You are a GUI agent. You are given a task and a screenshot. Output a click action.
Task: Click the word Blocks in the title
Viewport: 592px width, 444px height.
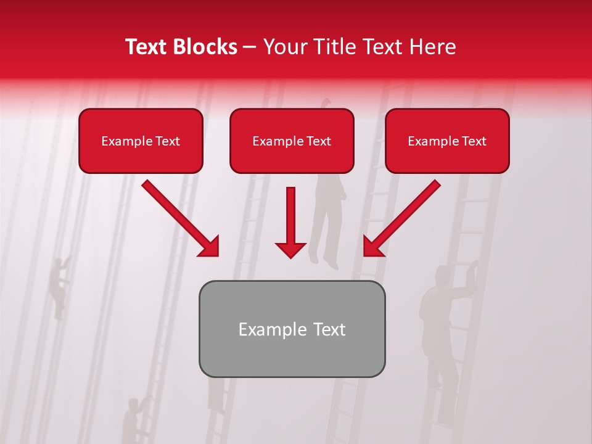point(205,47)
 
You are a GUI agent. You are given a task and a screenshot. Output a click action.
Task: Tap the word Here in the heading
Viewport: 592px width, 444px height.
point(432,47)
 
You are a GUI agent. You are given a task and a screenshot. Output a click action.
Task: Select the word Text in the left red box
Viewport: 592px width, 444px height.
point(168,141)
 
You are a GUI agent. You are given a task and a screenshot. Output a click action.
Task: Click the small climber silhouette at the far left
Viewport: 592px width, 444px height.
point(60,287)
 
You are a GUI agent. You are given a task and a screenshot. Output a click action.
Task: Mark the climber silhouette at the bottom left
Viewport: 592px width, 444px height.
point(132,419)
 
